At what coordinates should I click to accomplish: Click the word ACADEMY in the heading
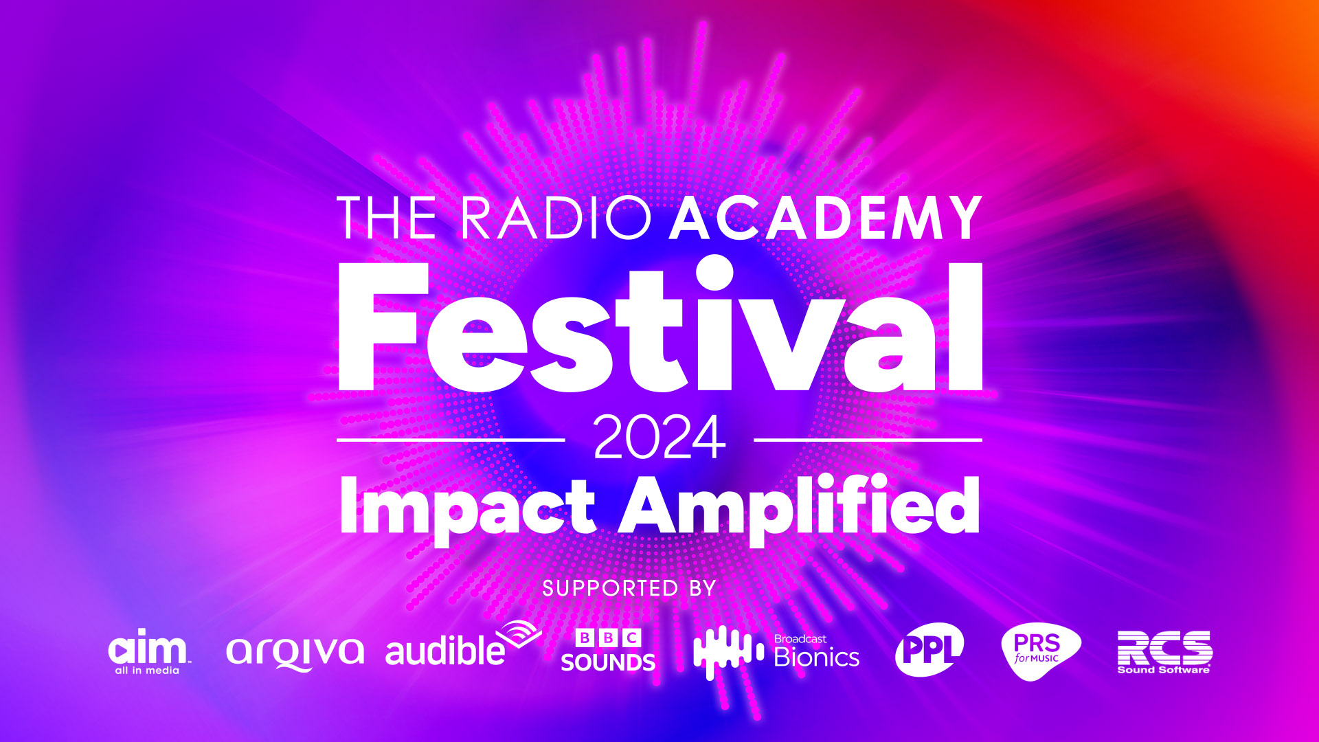pyautogui.click(x=825, y=218)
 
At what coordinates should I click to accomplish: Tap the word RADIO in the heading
pyautogui.click(x=555, y=218)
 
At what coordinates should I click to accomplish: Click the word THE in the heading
pyautogui.click(x=387, y=218)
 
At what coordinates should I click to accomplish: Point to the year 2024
pyautogui.click(x=659, y=438)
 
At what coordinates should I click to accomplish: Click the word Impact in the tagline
pyautogui.click(x=467, y=507)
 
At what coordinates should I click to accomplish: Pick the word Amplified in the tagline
pyautogui.click(x=799, y=507)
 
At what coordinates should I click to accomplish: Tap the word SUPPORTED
pyautogui.click(x=600, y=589)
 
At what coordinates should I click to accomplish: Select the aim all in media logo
pyautogui.click(x=148, y=651)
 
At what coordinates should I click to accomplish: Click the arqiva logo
pyautogui.click(x=295, y=651)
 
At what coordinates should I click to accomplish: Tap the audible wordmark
pyautogui.click(x=445, y=651)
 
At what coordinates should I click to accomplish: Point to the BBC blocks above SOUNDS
pyautogui.click(x=608, y=638)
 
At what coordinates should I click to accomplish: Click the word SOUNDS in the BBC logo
pyautogui.click(x=608, y=662)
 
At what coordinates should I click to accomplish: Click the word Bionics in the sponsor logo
pyautogui.click(x=817, y=658)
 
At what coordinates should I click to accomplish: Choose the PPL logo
pyautogui.click(x=929, y=649)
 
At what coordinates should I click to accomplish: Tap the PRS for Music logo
pyautogui.click(x=1039, y=650)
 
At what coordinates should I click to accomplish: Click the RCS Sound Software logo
pyautogui.click(x=1164, y=651)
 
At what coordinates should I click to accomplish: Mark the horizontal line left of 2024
pyautogui.click(x=451, y=440)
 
